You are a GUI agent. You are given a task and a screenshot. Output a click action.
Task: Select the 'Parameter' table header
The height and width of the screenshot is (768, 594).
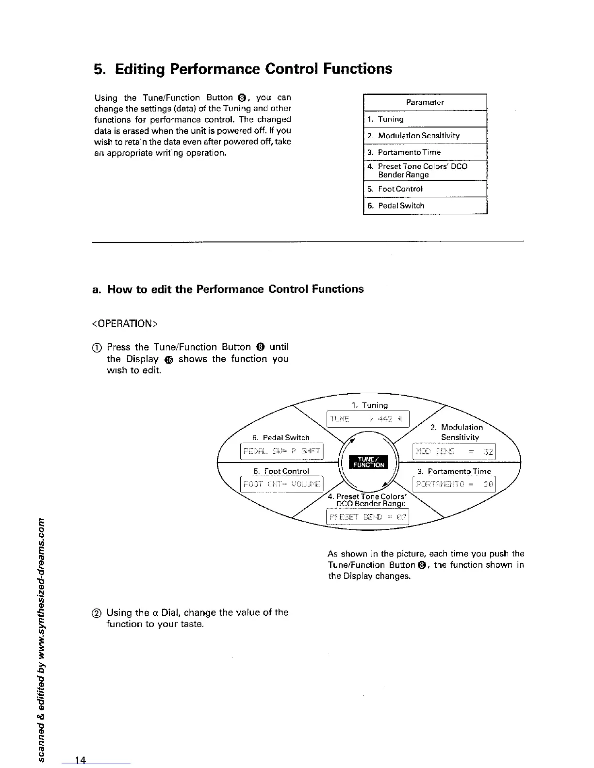click(x=425, y=102)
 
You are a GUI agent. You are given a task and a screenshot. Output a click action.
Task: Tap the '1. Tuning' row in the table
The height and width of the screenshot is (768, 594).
click(x=425, y=119)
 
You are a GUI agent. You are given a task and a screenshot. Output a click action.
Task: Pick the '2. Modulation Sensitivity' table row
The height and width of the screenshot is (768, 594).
click(x=425, y=136)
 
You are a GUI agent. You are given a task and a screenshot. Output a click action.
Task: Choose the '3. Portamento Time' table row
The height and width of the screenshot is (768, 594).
click(x=425, y=152)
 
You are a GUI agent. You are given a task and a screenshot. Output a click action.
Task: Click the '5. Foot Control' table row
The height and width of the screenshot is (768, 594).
click(x=425, y=189)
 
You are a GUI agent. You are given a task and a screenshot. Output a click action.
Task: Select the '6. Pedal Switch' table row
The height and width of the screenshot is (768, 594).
click(x=425, y=206)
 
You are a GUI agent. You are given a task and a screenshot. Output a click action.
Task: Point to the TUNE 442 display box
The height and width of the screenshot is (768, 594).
click(x=368, y=419)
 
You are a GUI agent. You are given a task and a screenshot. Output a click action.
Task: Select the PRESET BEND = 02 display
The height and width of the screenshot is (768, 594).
click(x=368, y=517)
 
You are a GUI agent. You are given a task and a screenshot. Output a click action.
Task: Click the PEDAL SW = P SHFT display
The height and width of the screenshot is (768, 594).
click(x=282, y=452)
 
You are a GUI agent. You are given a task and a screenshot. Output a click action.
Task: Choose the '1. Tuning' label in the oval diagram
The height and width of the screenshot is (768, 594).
click(x=369, y=405)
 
